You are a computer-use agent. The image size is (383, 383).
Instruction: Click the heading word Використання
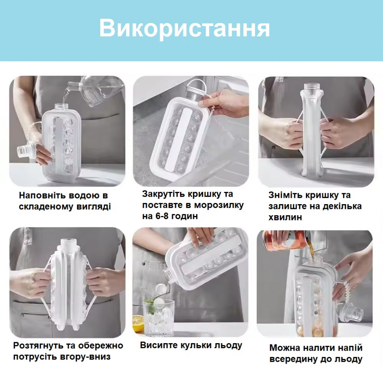point(184,28)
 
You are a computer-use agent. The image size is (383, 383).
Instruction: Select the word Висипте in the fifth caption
point(158,345)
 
